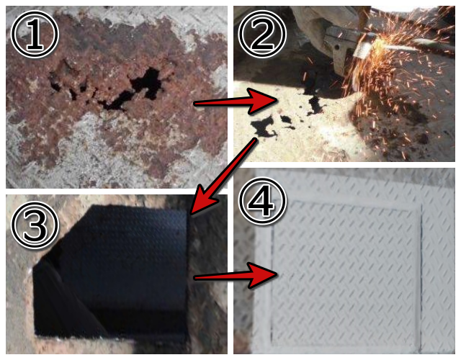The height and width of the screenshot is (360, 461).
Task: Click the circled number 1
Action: click(35, 35)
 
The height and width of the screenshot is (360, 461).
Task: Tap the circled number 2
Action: click(262, 35)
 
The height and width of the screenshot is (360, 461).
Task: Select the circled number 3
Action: click(35, 225)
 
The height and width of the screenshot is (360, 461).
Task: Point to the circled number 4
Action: click(262, 202)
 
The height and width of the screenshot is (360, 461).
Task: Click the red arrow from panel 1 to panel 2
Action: click(236, 102)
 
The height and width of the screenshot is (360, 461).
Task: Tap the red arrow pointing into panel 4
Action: click(236, 275)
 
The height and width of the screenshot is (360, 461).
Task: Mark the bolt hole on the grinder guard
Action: click(336, 46)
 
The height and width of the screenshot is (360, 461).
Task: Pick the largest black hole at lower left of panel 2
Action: click(262, 127)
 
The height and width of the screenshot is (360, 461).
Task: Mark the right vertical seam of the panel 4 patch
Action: click(421, 276)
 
